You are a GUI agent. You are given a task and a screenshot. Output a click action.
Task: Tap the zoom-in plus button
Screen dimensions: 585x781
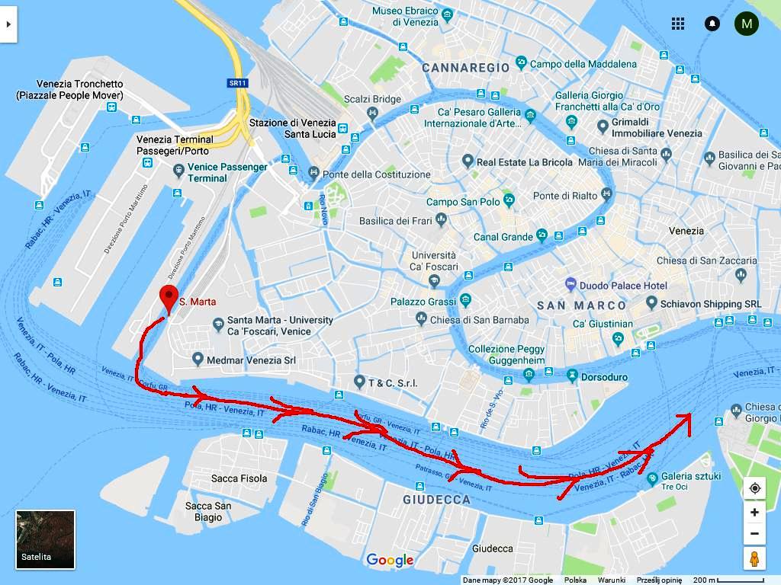[x=754, y=512]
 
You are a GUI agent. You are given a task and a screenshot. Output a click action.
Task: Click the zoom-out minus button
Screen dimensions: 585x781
[x=754, y=533]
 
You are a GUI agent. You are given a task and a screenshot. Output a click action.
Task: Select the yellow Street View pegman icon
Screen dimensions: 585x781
[x=754, y=558]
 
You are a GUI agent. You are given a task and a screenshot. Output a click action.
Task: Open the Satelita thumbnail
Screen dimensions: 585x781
[x=46, y=539]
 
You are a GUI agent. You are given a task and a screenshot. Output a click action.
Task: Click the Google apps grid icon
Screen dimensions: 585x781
[x=678, y=24]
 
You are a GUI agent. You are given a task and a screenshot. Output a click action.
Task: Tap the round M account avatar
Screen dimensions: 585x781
[x=746, y=24]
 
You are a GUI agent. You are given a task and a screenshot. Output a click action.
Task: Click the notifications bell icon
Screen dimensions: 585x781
[x=712, y=24]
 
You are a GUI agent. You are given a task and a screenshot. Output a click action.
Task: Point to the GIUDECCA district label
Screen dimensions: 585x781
[x=436, y=500]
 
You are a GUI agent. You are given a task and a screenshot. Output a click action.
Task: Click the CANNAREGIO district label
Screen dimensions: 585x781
[x=465, y=68]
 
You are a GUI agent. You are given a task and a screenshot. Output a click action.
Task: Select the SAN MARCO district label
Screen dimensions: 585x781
[x=582, y=305]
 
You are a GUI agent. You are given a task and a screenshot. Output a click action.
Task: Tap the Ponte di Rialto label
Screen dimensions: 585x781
[x=565, y=196]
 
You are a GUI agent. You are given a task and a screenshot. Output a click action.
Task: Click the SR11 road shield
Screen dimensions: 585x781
[x=238, y=82]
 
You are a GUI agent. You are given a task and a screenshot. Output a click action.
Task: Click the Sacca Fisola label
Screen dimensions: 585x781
[x=239, y=478]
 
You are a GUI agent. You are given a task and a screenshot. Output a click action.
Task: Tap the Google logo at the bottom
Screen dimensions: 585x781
[x=390, y=561]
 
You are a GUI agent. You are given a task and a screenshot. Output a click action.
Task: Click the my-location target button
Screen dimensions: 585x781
[x=754, y=488]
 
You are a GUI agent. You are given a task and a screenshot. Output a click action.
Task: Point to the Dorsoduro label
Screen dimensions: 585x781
[x=604, y=377]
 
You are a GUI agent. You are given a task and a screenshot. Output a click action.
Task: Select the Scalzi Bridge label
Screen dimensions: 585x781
[x=372, y=99]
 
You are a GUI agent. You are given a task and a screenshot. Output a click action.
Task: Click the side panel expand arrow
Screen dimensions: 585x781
[x=8, y=24]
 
